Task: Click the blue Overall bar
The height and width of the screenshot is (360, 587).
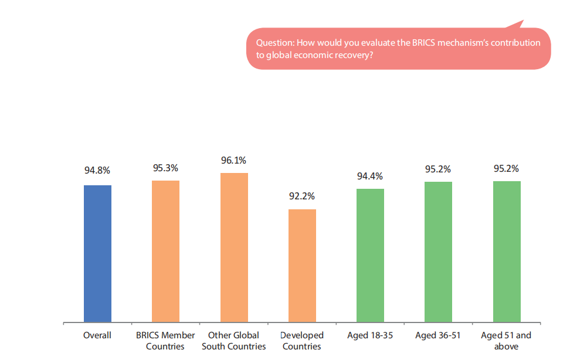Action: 97,254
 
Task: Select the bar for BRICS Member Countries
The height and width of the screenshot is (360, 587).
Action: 165,252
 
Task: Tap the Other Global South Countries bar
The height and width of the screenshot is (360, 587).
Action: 234,247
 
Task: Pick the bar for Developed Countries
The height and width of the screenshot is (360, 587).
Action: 302,266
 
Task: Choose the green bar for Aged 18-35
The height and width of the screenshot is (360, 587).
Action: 370,256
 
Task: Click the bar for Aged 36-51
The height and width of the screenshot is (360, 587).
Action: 438,252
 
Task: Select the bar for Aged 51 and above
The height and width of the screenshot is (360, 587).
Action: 507,252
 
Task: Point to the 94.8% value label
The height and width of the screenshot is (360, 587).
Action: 97,171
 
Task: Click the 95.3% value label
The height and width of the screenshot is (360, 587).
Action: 165,168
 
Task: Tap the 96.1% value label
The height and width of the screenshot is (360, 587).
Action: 234,160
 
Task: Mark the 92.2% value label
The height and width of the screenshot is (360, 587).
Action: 302,196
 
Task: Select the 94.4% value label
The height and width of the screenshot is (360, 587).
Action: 370,176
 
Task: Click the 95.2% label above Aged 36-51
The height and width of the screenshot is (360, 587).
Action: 438,169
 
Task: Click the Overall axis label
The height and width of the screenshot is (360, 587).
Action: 97,335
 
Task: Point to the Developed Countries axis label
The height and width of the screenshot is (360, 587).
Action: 302,341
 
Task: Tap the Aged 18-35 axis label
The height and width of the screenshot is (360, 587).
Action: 370,335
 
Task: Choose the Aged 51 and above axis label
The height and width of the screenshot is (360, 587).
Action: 506,341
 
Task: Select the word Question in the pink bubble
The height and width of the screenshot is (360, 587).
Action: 275,43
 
